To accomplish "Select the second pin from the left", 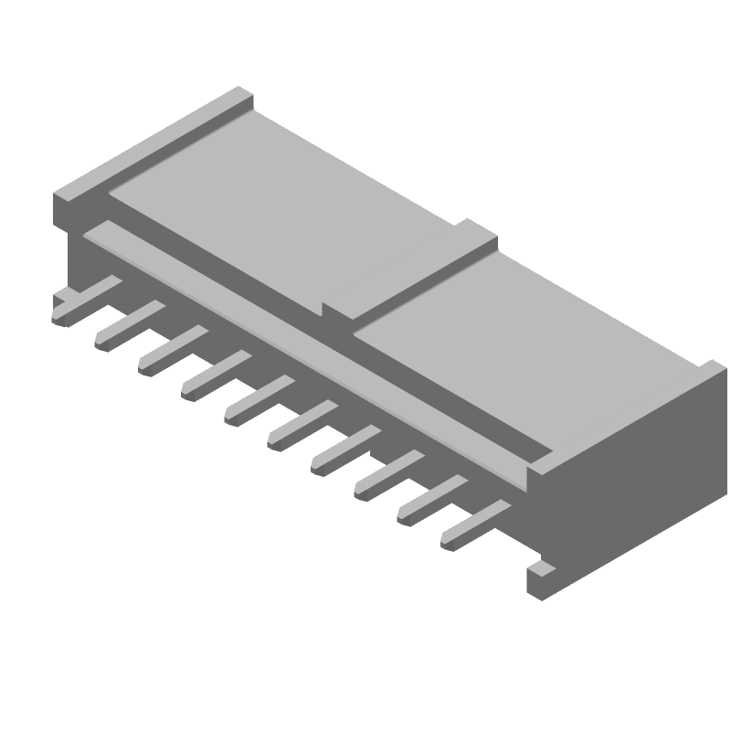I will point(123,326).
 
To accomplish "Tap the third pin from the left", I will point(167,350).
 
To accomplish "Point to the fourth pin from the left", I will point(211,375).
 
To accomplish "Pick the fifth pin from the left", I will point(255,400).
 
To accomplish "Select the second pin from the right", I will point(428,499).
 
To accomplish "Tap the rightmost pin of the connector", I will point(471,524).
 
